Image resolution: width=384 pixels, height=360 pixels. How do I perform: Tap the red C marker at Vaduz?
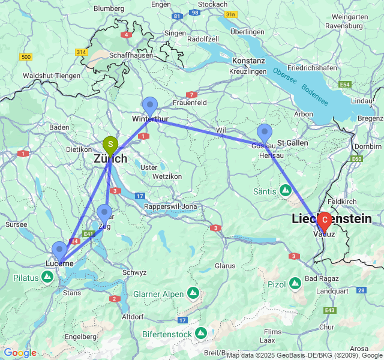point(325,220)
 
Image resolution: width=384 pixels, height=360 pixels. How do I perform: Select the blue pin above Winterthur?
point(150,104)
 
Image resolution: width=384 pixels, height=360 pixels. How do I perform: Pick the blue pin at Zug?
point(104,212)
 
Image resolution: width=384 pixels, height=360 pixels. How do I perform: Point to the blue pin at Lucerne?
point(59,250)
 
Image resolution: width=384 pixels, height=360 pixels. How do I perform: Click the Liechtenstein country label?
point(331,219)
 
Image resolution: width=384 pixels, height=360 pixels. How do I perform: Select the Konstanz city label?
point(248,61)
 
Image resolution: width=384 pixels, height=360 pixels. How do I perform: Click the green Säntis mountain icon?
point(286,191)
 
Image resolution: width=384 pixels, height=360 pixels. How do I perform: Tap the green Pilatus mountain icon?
point(47,277)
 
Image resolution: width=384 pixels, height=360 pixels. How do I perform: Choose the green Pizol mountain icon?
point(295,283)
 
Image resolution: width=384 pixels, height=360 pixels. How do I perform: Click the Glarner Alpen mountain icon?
point(193,293)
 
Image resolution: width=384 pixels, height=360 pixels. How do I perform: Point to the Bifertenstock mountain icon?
point(200,332)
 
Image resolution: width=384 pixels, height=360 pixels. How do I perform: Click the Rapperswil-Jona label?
point(172,206)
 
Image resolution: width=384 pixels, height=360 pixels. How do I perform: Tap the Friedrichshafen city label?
point(312,68)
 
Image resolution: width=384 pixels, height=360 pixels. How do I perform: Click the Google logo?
point(20,353)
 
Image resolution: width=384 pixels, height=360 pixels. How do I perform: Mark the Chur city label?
point(326,327)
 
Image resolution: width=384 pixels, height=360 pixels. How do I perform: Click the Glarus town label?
point(225,265)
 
